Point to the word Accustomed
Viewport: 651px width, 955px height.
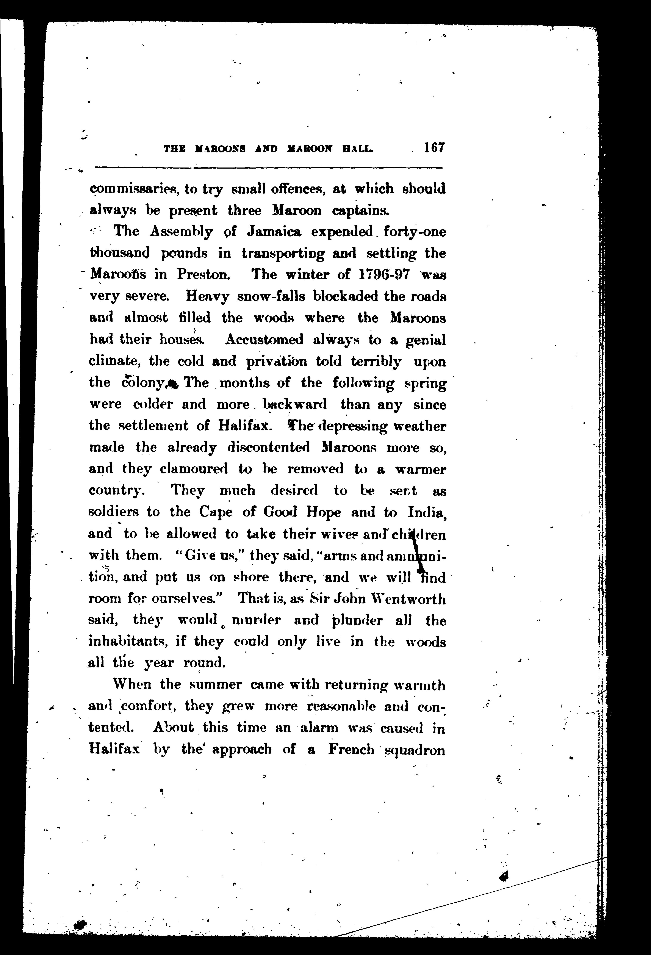point(264,340)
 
